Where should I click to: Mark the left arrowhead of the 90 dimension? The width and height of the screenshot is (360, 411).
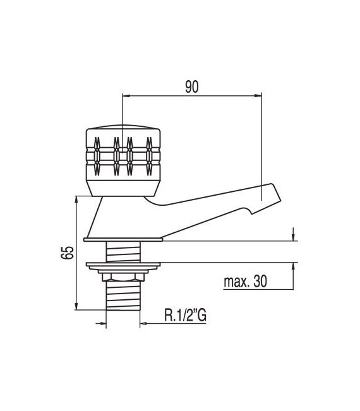[125, 96]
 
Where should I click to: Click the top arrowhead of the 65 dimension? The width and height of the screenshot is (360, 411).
[77, 200]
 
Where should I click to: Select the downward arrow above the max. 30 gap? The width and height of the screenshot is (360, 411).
[293, 236]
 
